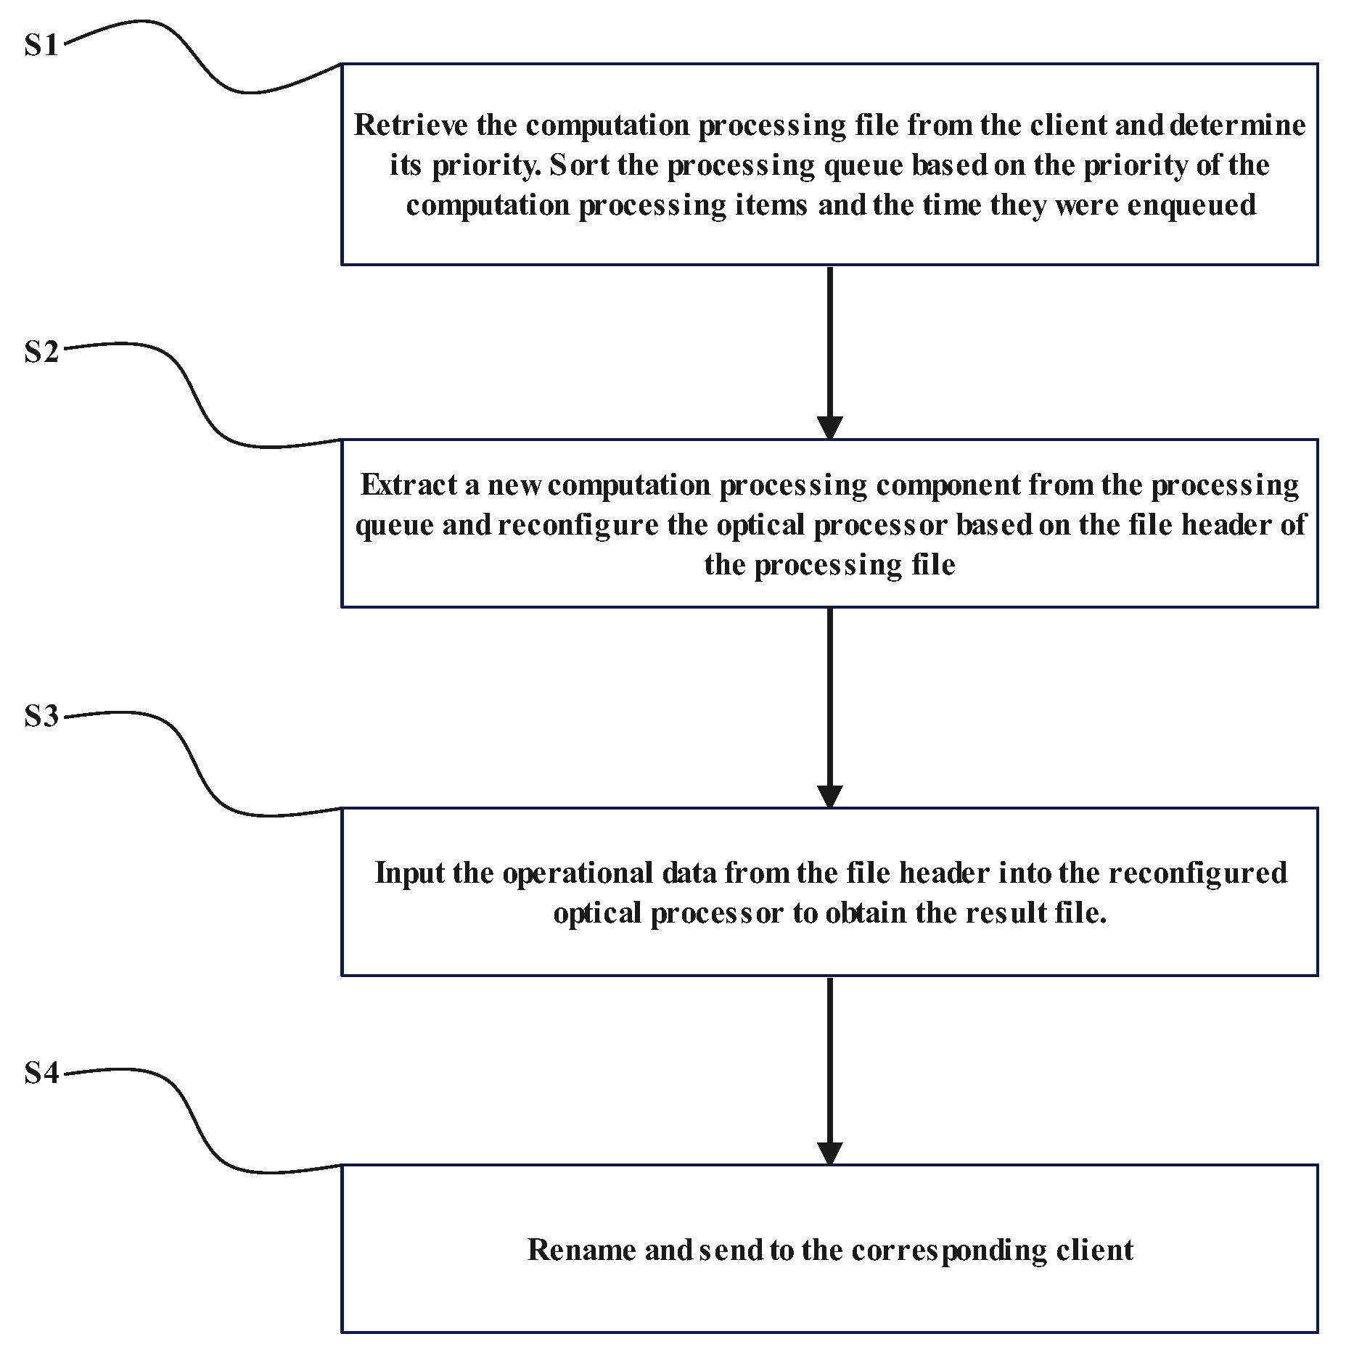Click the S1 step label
[x=41, y=46]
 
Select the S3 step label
[x=41, y=717]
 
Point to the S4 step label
[x=41, y=1073]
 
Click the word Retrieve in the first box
[x=411, y=125]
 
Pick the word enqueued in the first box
[x=1191, y=205]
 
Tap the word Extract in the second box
[x=409, y=485]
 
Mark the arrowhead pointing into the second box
[x=829, y=427]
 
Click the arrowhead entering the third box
[x=829, y=796]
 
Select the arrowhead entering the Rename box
[x=829, y=1153]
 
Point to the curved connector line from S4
[x=196, y=1132]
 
